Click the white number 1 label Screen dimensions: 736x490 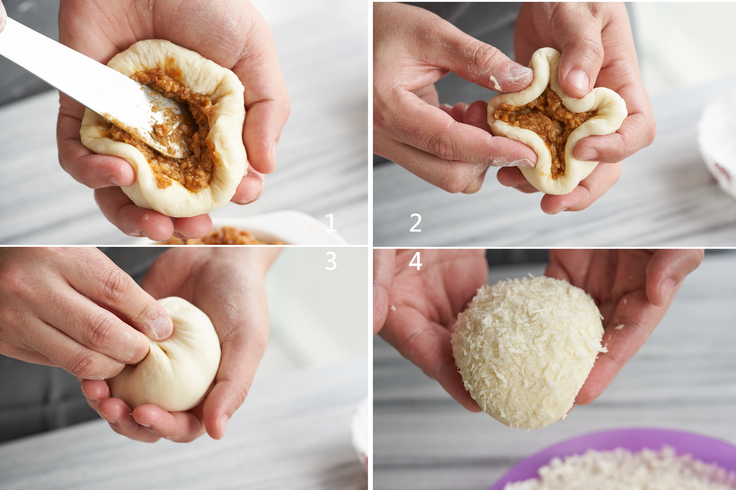[x=331, y=222]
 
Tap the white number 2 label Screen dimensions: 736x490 [x=415, y=222]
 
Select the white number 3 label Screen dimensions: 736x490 [x=331, y=261]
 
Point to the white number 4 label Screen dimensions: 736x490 [x=415, y=261]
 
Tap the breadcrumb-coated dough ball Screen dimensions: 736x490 [x=527, y=353]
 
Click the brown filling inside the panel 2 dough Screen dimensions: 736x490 [x=542, y=125]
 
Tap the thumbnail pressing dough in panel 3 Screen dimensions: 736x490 [x=163, y=327]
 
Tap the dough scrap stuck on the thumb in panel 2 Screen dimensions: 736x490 [x=496, y=83]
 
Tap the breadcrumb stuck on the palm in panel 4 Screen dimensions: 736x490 [x=619, y=327]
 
